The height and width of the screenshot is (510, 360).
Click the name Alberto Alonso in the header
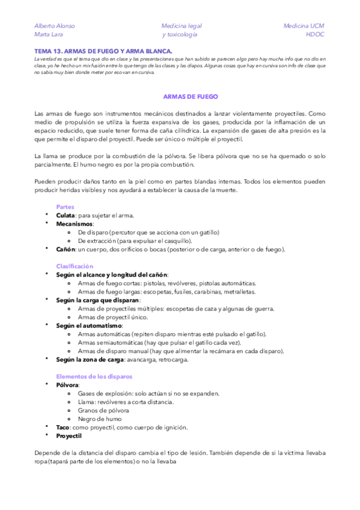click(x=55, y=26)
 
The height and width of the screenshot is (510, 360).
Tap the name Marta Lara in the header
click(x=49, y=35)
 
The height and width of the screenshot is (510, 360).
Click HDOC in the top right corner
click(x=315, y=35)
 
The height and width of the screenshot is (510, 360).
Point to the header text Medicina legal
click(x=182, y=26)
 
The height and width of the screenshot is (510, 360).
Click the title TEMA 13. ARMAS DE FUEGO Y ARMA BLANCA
click(x=103, y=52)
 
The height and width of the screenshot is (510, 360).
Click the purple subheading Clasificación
click(x=75, y=265)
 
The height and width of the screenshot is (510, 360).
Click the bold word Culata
click(x=66, y=215)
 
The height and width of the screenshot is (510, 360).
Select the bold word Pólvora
click(x=67, y=384)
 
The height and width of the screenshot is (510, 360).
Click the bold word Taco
click(x=63, y=427)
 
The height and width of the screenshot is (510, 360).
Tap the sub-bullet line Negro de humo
click(x=100, y=419)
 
